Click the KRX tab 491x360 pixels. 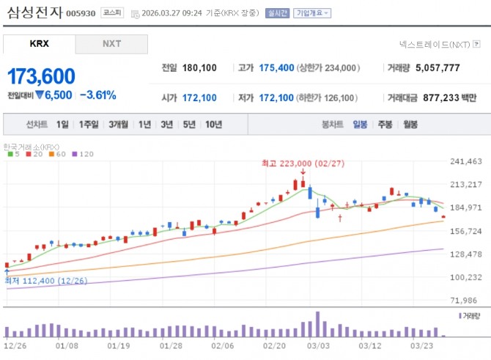tap(39, 44)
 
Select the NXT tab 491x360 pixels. tap(111, 44)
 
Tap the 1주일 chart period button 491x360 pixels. tap(89, 125)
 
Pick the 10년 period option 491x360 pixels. tap(214, 125)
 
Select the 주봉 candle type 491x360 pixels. tap(385, 125)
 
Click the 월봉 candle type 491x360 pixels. tap(410, 125)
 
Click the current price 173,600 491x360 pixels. tap(41, 77)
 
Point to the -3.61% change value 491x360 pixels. tap(97, 95)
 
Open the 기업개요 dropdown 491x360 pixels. tap(311, 13)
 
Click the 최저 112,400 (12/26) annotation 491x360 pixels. tap(37, 281)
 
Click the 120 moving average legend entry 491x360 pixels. tap(86, 155)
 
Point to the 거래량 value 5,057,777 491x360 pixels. tap(438, 68)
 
